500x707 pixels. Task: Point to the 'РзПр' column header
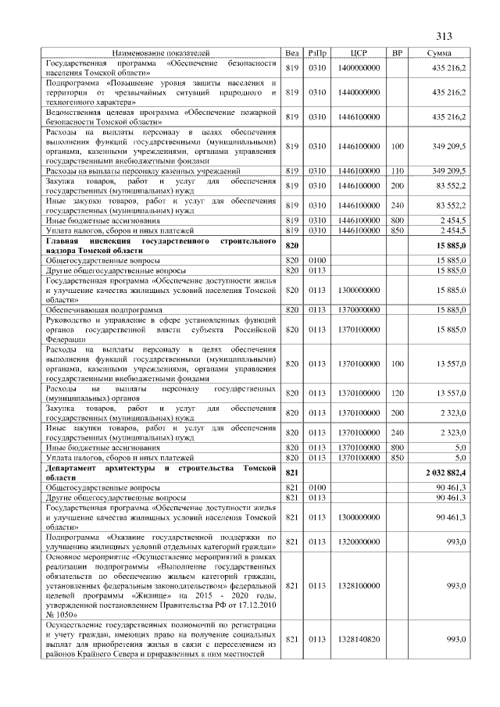tap(317, 52)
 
